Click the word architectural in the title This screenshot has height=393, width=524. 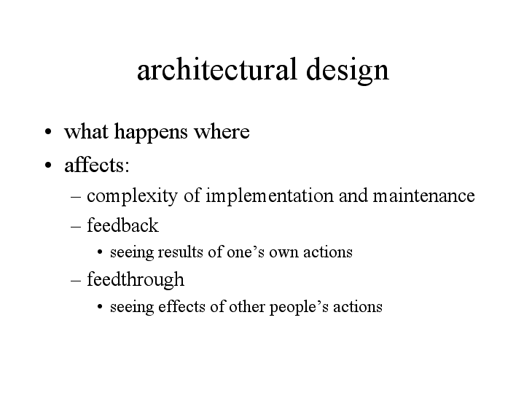click(217, 69)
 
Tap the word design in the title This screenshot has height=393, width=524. click(348, 71)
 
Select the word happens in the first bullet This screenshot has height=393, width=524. click(151, 132)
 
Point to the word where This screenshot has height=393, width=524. click(222, 131)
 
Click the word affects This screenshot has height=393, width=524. click(95, 165)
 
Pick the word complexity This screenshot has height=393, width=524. click(133, 196)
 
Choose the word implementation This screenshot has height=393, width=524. click(270, 195)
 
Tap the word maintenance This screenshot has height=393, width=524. click(423, 195)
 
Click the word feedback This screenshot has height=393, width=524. click(122, 225)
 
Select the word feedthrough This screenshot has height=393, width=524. click(136, 279)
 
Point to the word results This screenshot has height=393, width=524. click(180, 252)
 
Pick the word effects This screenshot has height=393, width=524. click(181, 307)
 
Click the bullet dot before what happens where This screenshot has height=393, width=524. click(48, 131)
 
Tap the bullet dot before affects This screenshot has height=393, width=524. click(48, 165)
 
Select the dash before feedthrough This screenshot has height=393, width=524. click(76, 280)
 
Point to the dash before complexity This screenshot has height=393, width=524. click(76, 197)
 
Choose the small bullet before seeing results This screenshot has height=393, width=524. click(100, 252)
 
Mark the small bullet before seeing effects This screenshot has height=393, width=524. click(100, 307)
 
